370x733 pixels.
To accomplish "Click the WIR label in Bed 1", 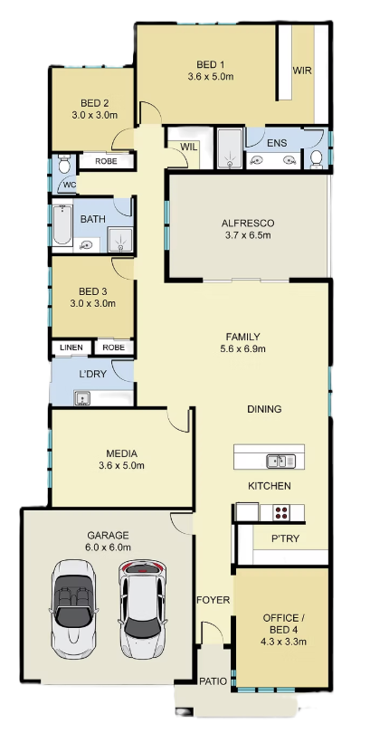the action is coord(302,71).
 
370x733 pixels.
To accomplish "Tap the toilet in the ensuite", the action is coord(317,158).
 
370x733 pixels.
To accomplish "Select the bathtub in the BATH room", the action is coord(62,224).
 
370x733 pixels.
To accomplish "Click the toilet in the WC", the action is coord(64,164).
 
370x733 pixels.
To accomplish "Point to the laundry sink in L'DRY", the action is coord(82,397).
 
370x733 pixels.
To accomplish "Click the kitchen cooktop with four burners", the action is coord(281,513).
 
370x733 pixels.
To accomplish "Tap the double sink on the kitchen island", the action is coord(280,461).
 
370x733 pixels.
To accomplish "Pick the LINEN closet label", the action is coord(71,347).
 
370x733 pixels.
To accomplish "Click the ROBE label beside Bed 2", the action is coord(106,161).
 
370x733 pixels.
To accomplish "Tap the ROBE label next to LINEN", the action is coord(113,347).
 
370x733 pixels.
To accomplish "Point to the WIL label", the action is coord(189,147).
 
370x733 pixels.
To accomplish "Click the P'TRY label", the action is coord(285,538).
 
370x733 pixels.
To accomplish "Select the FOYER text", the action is coord(213,600).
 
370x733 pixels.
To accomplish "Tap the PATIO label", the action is coord(213,681).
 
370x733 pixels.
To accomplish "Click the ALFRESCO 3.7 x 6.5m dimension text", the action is coord(248,235).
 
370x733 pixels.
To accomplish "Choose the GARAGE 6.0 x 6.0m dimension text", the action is coord(108,547).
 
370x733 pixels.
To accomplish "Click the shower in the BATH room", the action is coord(120,239).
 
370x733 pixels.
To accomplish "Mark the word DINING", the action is coord(264,409).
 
